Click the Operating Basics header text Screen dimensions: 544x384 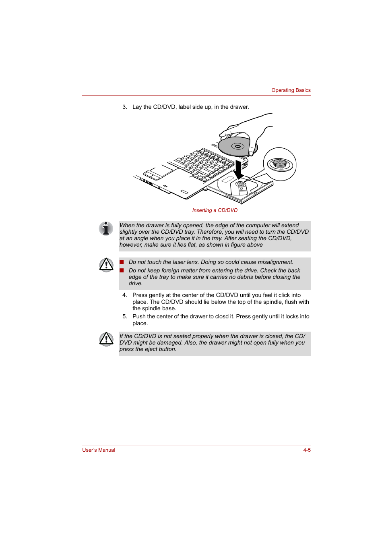pos(291,90)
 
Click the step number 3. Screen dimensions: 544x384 pos(124,107)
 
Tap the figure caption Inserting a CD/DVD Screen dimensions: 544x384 pos(215,210)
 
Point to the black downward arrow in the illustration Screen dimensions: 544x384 pos(239,170)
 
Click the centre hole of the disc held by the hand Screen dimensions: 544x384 pos(237,146)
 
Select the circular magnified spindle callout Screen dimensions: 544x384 pos(280,164)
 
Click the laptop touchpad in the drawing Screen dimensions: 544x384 pos(161,170)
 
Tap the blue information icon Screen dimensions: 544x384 pos(106,228)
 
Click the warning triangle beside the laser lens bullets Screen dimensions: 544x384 pos(106,265)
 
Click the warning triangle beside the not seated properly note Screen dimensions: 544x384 pos(106,339)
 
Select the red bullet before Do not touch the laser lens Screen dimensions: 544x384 pos(122,262)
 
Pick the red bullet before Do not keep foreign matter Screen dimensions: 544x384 pos(122,270)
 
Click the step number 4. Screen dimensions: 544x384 pos(124,295)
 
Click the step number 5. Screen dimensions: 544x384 pos(124,317)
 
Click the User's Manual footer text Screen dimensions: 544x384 pos(99,450)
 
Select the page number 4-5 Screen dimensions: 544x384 pos(307,450)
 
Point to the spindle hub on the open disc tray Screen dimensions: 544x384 pos(240,184)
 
